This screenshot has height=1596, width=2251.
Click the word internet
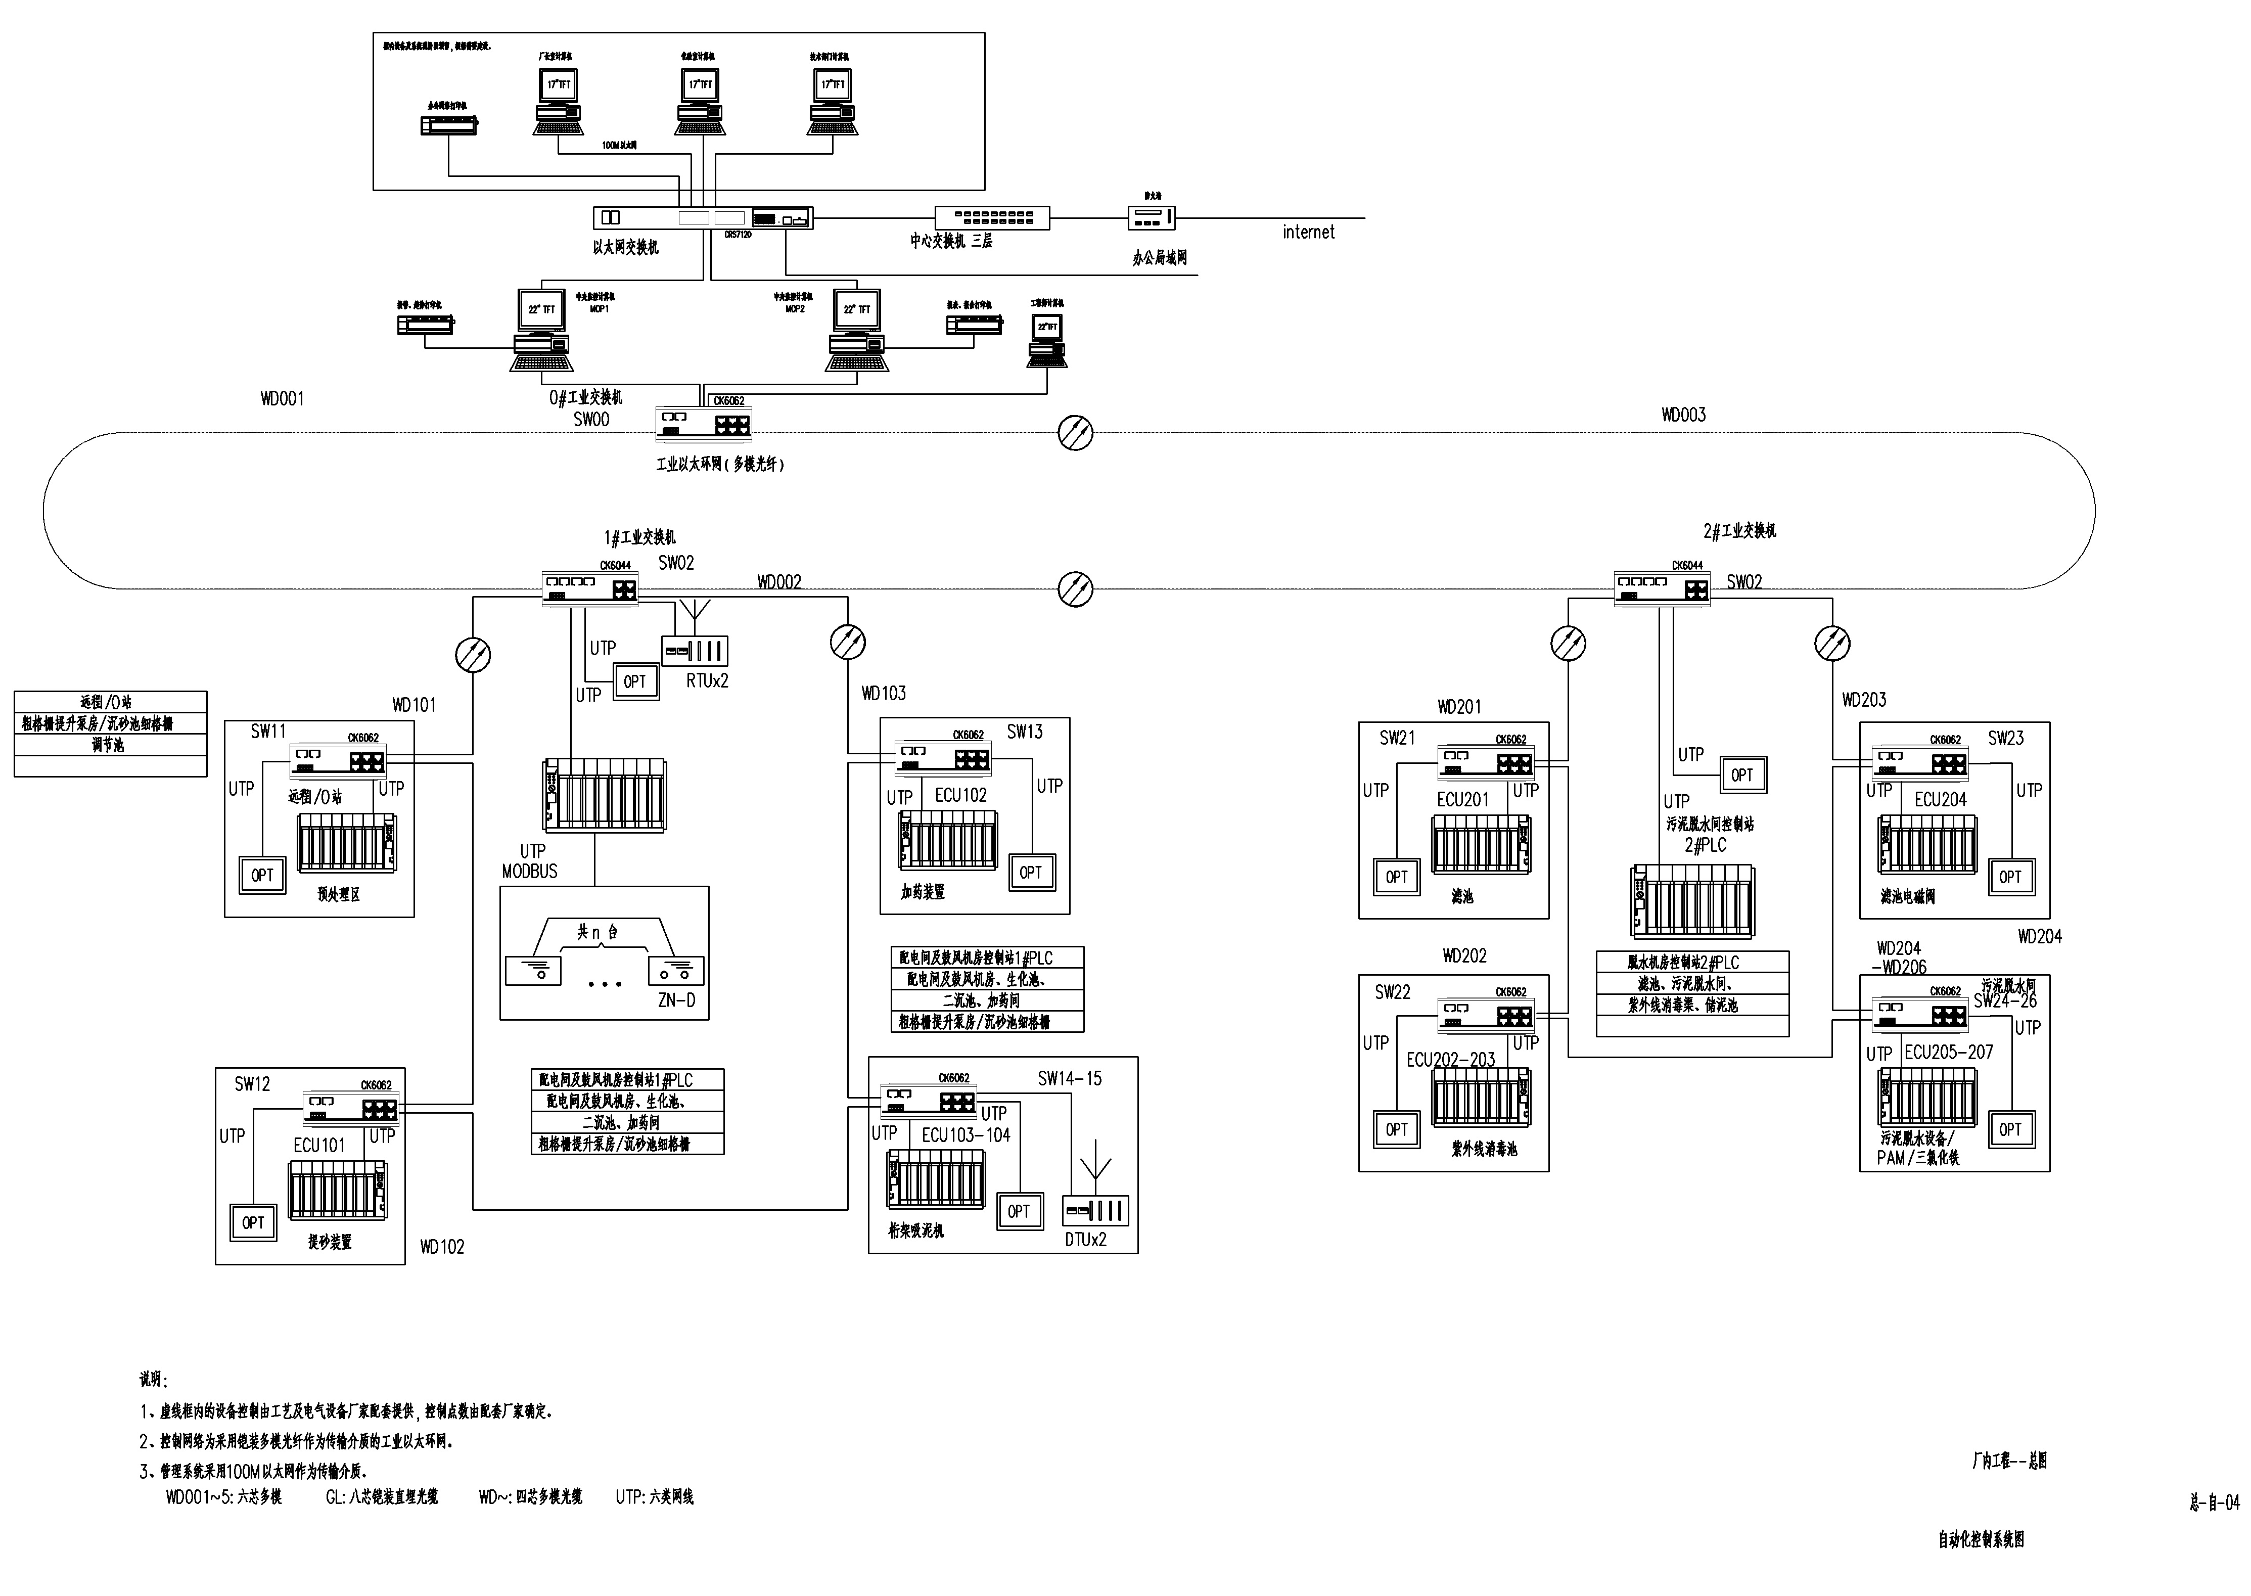pos(1308,232)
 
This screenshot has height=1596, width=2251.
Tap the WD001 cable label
pos(282,399)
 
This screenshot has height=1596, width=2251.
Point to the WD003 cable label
pos(1683,415)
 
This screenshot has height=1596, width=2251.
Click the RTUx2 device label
pos(707,681)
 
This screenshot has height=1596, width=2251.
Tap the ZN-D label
pos(676,1000)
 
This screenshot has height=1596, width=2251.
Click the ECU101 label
pos(319,1145)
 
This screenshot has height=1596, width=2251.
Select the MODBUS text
pos(530,872)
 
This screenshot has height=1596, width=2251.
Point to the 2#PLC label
pos(1705,845)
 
